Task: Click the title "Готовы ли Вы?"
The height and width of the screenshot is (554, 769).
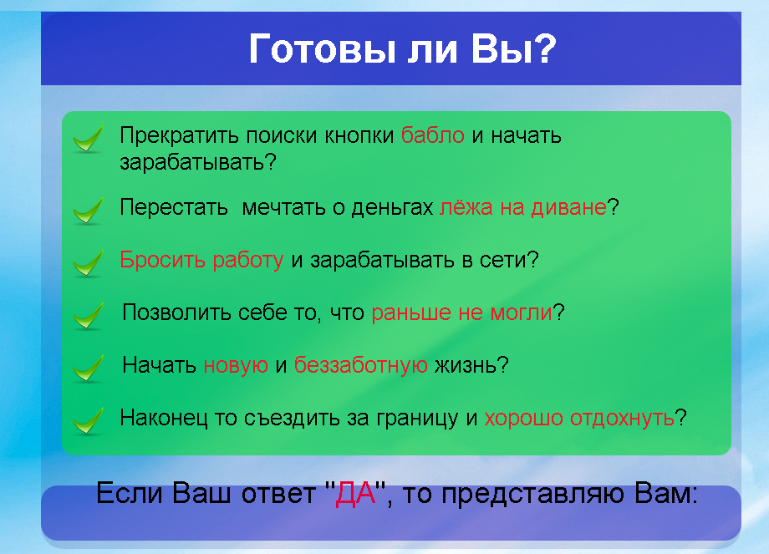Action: (x=402, y=50)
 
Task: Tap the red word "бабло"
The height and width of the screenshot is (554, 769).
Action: (x=432, y=135)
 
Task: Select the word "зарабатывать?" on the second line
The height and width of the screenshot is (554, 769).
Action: (x=198, y=162)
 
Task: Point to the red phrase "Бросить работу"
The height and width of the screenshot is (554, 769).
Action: (x=201, y=260)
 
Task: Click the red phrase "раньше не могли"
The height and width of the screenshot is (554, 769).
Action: (x=462, y=313)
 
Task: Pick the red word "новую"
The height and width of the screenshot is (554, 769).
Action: (x=236, y=365)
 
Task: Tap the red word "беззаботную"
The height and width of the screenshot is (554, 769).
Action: (x=361, y=365)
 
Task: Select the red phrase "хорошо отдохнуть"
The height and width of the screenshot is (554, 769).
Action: (x=579, y=418)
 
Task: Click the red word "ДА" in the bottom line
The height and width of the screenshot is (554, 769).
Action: (x=354, y=495)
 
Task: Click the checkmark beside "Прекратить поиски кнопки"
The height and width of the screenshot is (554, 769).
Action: (x=88, y=140)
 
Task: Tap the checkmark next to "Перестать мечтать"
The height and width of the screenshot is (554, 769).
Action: (x=88, y=211)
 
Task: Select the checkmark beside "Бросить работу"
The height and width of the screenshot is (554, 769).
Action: (x=88, y=263)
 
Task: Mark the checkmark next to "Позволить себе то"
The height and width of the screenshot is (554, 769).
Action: (x=88, y=316)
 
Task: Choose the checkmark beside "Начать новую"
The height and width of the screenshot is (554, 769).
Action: (x=88, y=368)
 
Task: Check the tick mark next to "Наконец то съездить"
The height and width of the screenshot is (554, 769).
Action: (x=88, y=420)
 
